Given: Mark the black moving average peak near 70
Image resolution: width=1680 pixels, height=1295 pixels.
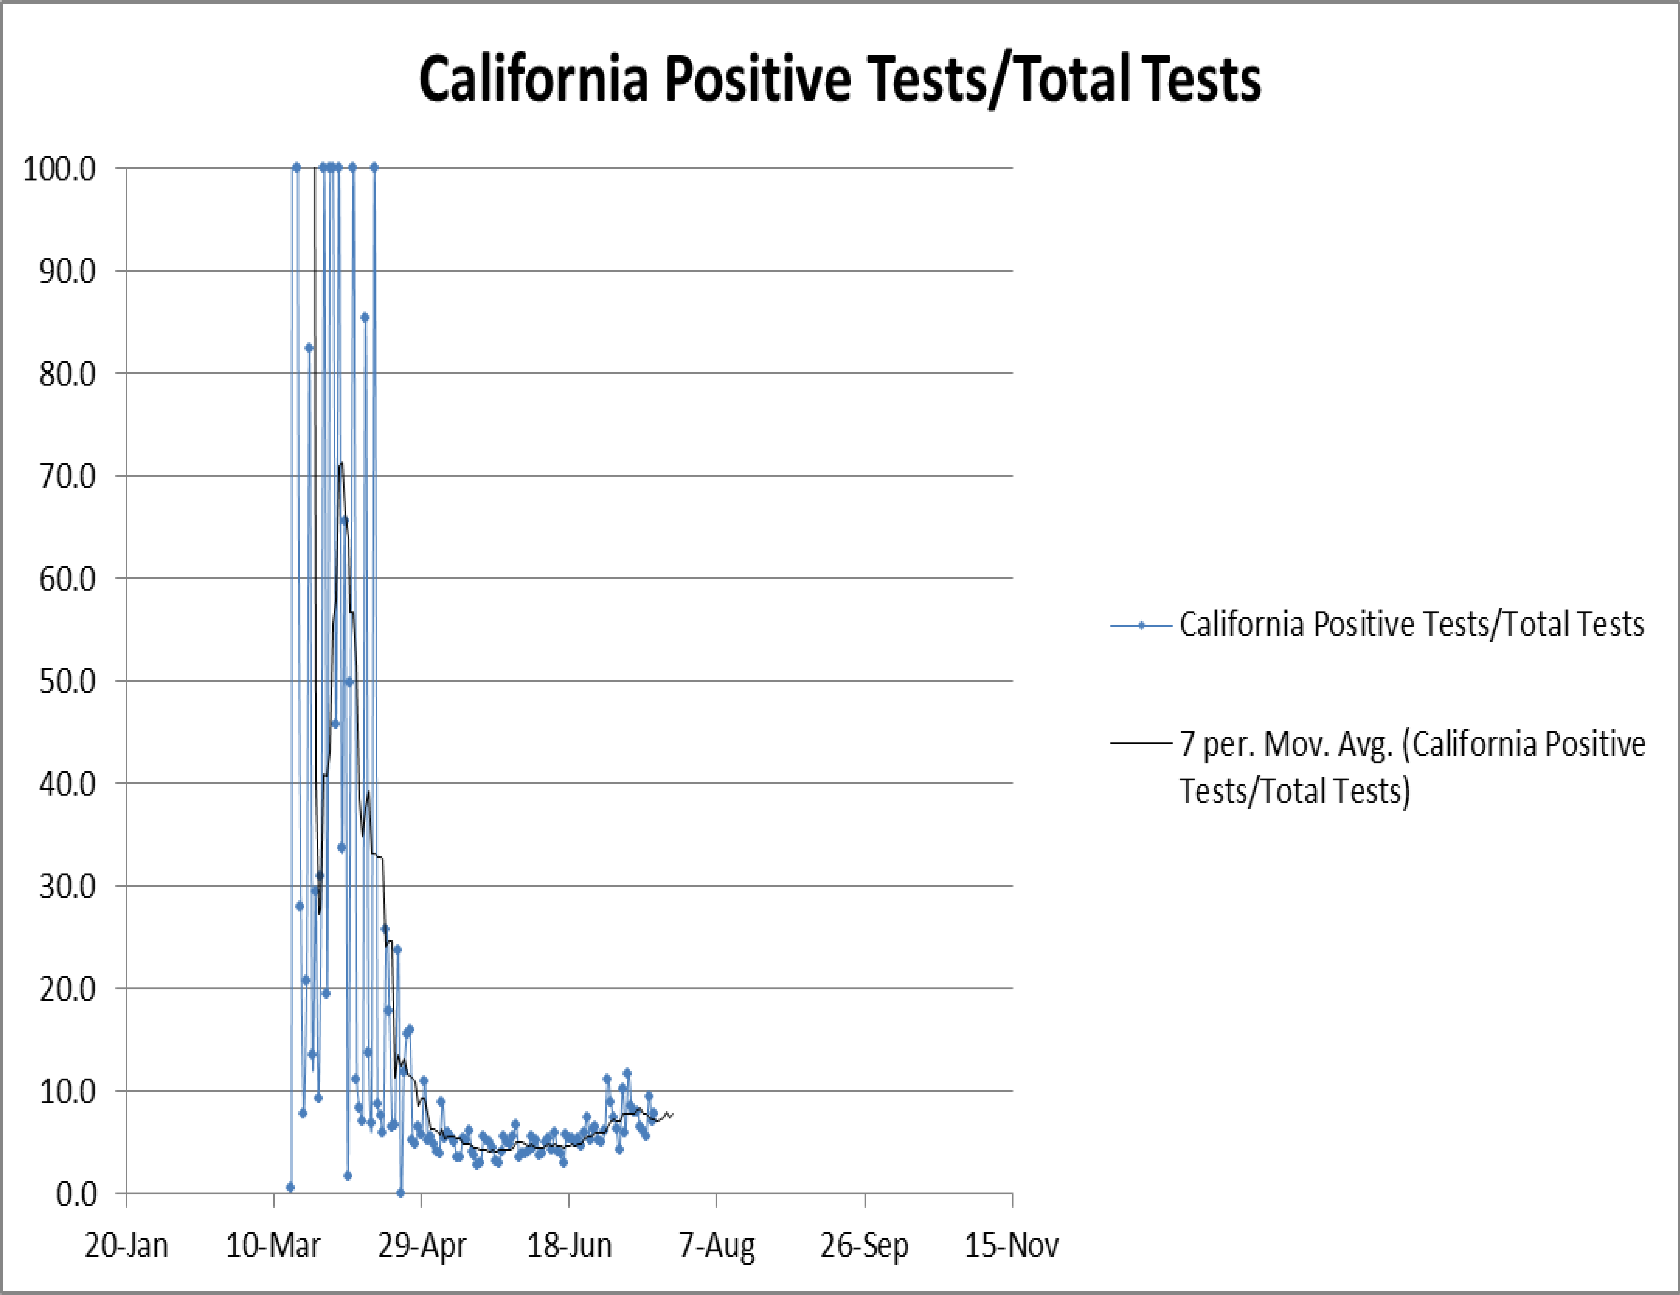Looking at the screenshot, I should [341, 463].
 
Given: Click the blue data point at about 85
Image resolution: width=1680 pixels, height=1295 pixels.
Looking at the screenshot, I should [365, 318].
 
